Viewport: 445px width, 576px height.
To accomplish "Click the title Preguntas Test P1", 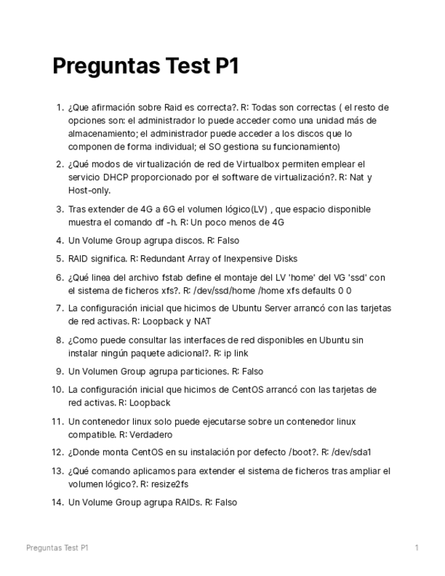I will [x=145, y=67].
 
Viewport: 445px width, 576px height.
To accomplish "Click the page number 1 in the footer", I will [x=416, y=547].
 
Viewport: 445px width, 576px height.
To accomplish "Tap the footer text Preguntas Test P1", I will [x=57, y=547].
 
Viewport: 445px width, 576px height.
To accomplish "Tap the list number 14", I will [x=57, y=503].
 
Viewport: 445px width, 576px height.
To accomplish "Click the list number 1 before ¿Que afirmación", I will [x=59, y=107].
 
